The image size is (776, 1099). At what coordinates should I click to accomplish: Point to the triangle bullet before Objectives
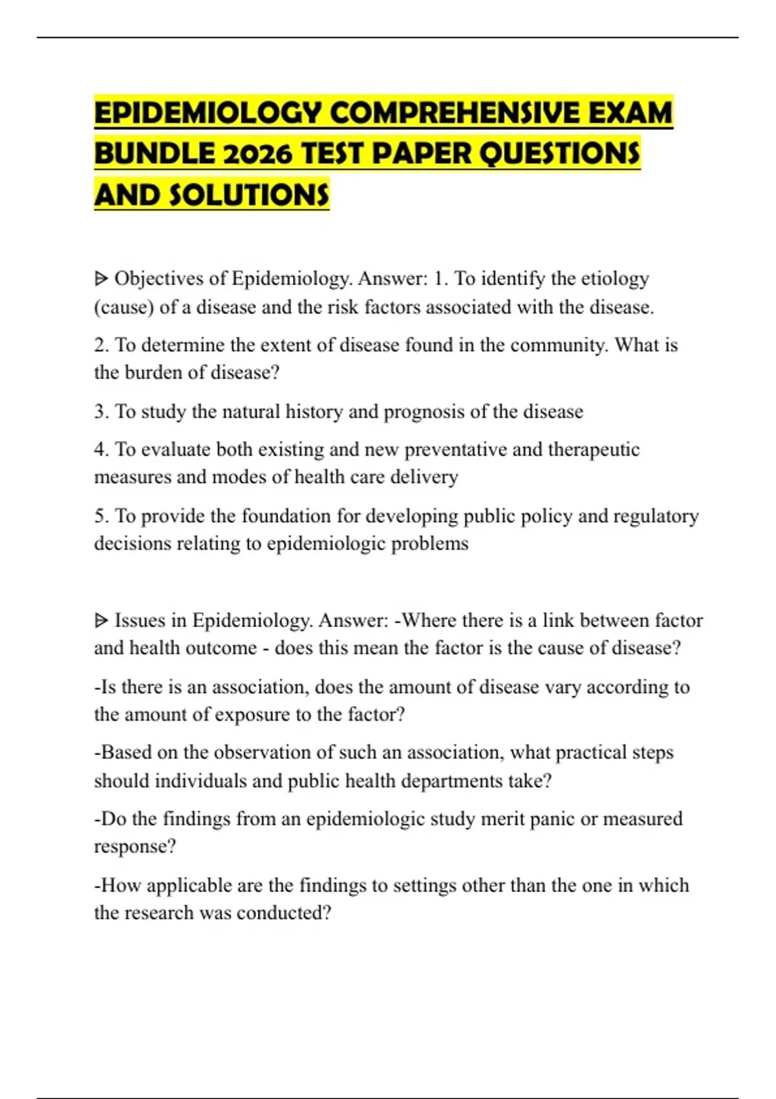pyautogui.click(x=101, y=279)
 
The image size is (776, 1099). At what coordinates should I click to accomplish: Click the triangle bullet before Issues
pyautogui.click(x=101, y=621)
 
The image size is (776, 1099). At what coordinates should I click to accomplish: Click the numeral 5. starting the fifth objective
pyautogui.click(x=102, y=516)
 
